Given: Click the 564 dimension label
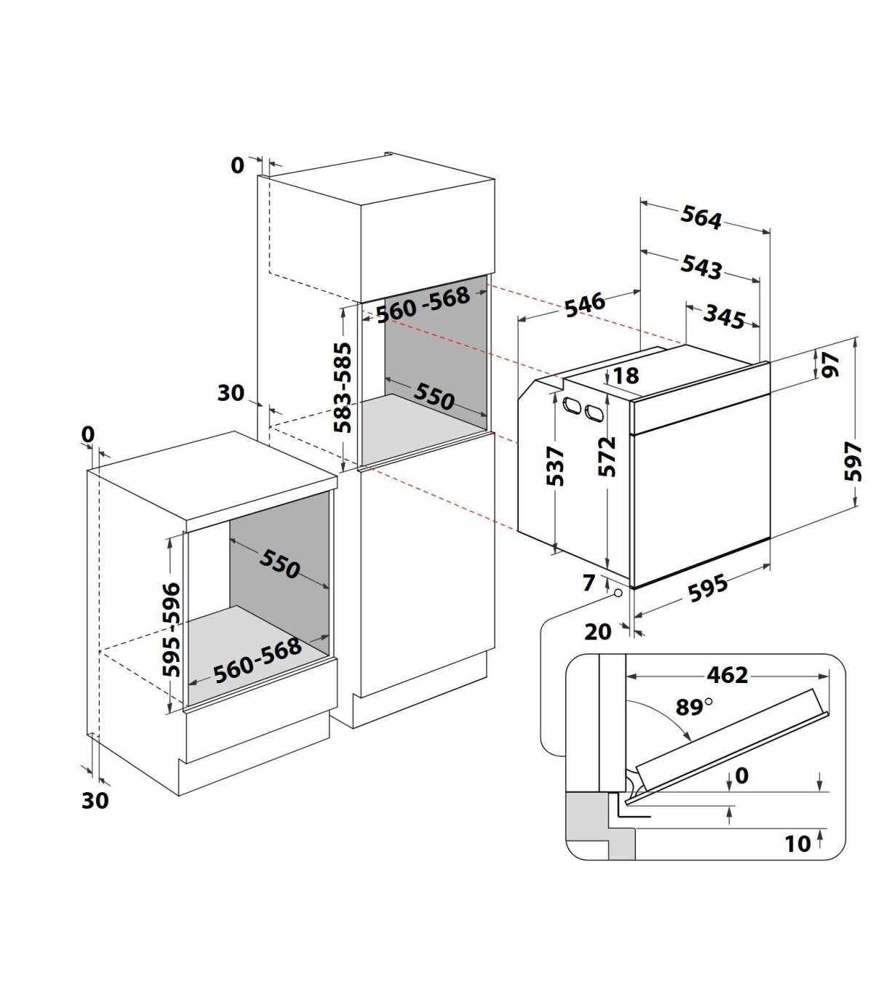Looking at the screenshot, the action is [x=701, y=217].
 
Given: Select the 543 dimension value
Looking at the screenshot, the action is [x=701, y=267].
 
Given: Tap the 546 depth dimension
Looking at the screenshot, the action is [x=585, y=304].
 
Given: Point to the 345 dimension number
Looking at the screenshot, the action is [x=725, y=317].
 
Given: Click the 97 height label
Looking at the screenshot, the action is [x=831, y=365].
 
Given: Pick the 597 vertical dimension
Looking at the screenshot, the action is [x=853, y=461].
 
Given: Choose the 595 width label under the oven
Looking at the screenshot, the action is [x=708, y=588].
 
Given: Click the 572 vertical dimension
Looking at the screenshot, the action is [x=607, y=457].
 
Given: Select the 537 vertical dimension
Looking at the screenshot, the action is [x=555, y=466].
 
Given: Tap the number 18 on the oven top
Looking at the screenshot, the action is [x=626, y=375].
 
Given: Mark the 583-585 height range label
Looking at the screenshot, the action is [x=343, y=387].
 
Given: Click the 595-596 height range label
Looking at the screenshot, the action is [x=171, y=630].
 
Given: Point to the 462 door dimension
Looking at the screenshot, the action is [x=727, y=674].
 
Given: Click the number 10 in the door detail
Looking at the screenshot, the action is [x=797, y=844].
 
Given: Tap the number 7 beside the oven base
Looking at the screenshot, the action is [x=589, y=583].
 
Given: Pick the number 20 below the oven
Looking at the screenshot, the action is [x=597, y=631].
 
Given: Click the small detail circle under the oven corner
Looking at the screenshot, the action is [x=618, y=594].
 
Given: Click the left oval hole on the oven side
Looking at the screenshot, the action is [x=572, y=405].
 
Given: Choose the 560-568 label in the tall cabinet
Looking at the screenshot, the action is [x=423, y=304].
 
